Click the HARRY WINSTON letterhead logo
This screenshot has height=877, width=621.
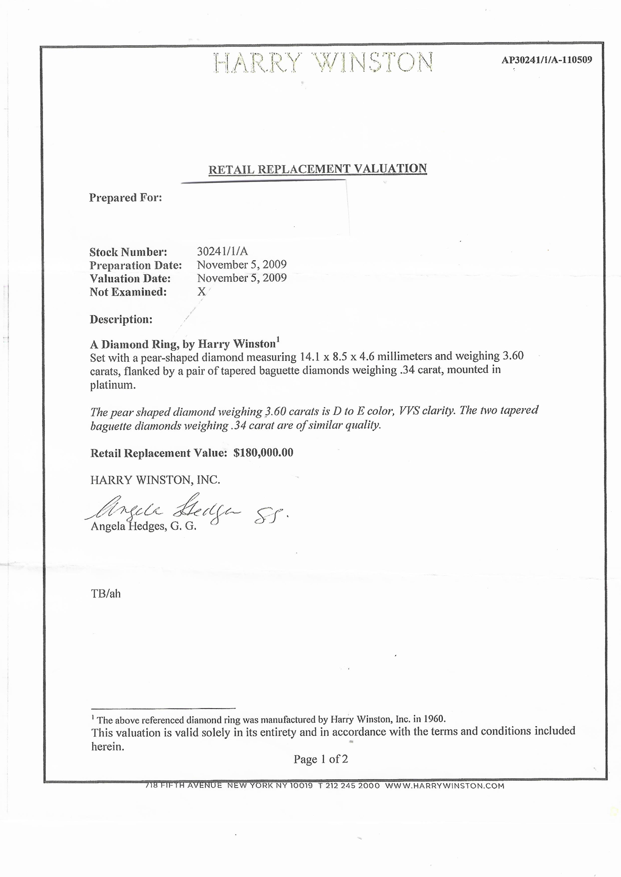pyautogui.click(x=323, y=62)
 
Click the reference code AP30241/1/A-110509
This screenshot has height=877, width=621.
pyautogui.click(x=546, y=60)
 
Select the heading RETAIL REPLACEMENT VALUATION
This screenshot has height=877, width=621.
pyautogui.click(x=318, y=169)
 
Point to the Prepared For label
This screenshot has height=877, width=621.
pyautogui.click(x=125, y=198)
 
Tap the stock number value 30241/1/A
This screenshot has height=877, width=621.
pyautogui.click(x=222, y=251)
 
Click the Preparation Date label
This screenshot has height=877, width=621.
pyautogui.click(x=136, y=265)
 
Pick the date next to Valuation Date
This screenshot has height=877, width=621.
pyautogui.click(x=242, y=278)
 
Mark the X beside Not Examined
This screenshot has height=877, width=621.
pyautogui.click(x=201, y=292)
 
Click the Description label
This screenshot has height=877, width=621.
pyautogui.click(x=121, y=319)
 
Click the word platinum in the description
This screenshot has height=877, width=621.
pyautogui.click(x=113, y=385)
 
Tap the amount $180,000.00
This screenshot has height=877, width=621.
pyautogui.click(x=263, y=453)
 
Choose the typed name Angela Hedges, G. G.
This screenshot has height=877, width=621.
pyautogui.click(x=143, y=526)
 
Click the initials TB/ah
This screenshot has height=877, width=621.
pyautogui.click(x=105, y=594)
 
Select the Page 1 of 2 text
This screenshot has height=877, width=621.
pyautogui.click(x=321, y=759)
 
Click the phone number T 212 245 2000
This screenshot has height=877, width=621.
pyautogui.click(x=349, y=786)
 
